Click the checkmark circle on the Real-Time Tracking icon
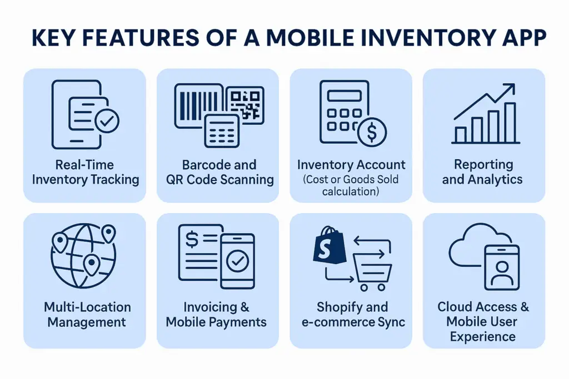[x=107, y=120]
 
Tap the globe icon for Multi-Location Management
[x=83, y=255]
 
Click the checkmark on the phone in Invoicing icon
[x=238, y=260]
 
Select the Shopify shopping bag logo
[x=327, y=245]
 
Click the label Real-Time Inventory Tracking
[x=84, y=172]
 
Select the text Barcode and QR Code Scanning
[x=219, y=172]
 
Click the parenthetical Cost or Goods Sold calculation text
[x=351, y=185]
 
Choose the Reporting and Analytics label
[x=483, y=172]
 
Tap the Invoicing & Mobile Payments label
[x=216, y=315]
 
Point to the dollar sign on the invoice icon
[x=192, y=240]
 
